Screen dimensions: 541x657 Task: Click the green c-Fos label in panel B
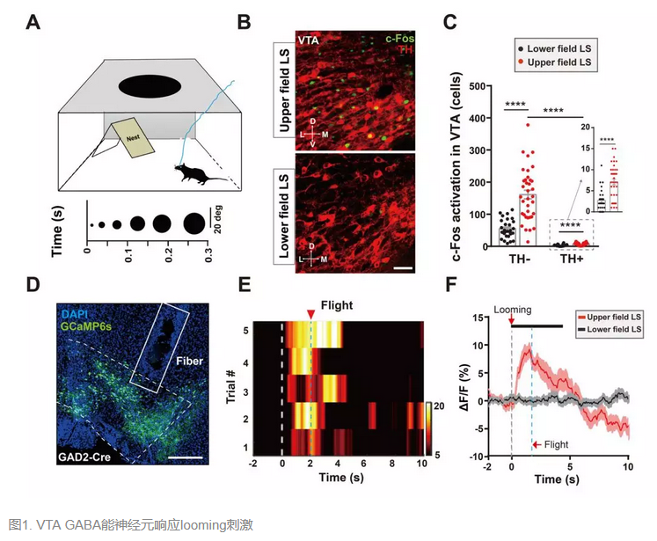(x=400, y=39)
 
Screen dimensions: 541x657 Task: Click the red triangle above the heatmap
(x=310, y=316)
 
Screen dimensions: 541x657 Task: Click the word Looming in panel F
(x=513, y=311)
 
